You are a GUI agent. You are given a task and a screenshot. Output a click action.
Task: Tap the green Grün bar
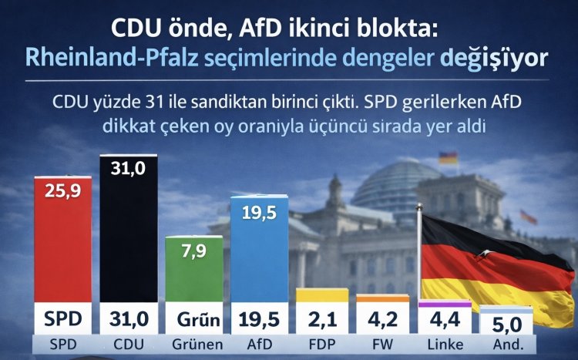click(x=195, y=270)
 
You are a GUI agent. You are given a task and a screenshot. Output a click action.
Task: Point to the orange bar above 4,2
click(x=382, y=298)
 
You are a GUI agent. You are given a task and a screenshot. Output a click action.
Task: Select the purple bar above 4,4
click(x=444, y=304)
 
